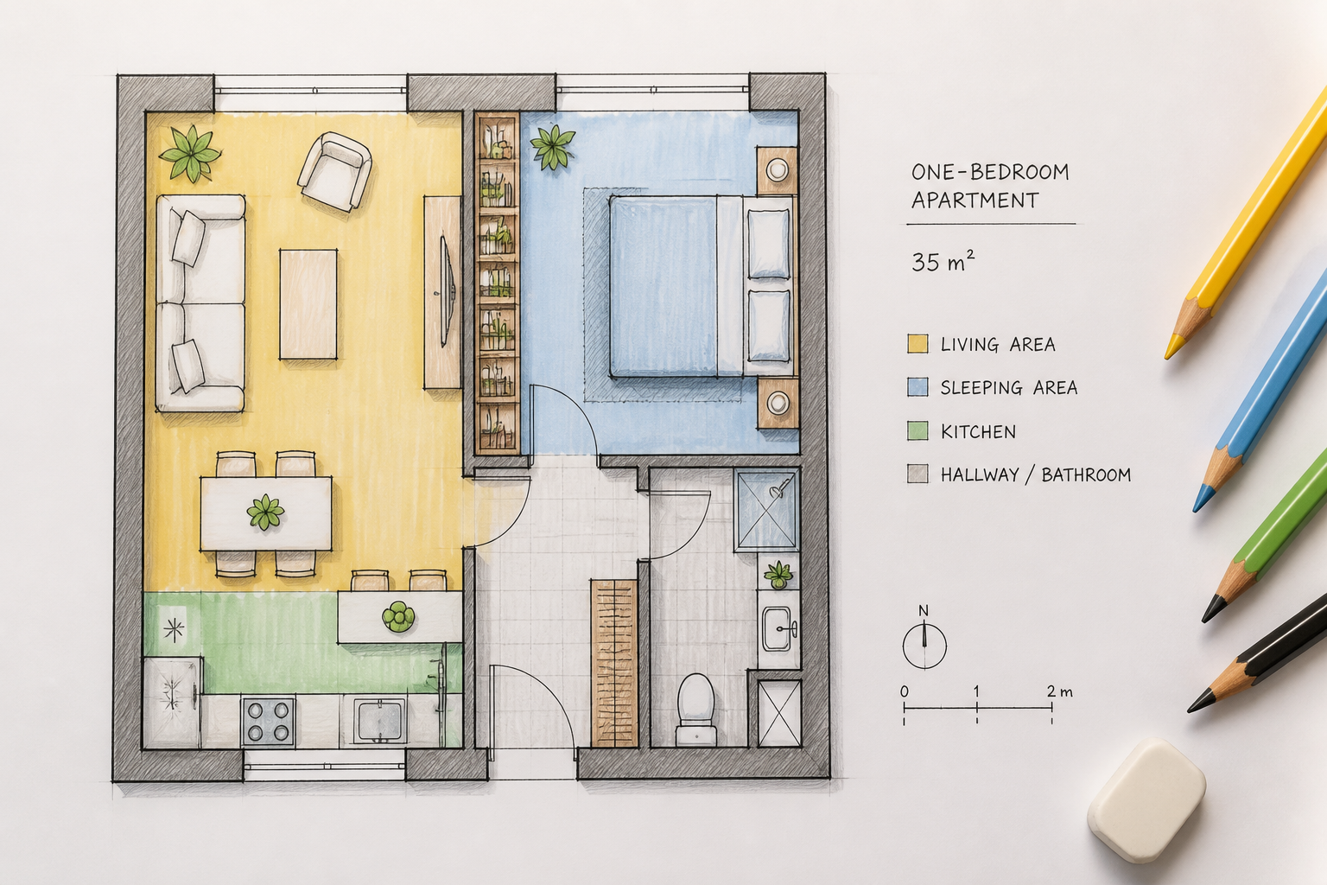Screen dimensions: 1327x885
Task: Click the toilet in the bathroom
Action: tap(696, 709)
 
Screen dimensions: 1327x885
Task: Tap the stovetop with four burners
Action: tap(268, 721)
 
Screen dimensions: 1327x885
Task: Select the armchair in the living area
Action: tap(334, 171)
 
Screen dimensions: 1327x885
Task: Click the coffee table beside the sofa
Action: tap(308, 304)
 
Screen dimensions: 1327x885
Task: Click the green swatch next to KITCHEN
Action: tap(917, 430)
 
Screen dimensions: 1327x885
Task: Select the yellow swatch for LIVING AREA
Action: tap(917, 344)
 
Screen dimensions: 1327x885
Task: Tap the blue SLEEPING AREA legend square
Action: tap(917, 387)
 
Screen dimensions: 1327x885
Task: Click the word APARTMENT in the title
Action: tap(975, 201)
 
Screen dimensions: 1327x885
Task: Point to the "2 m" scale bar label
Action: tap(1058, 691)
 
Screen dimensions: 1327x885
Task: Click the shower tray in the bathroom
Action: tap(766, 510)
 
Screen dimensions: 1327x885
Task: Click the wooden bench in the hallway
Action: tap(614, 663)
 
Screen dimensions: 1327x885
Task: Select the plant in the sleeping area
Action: tap(552, 147)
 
